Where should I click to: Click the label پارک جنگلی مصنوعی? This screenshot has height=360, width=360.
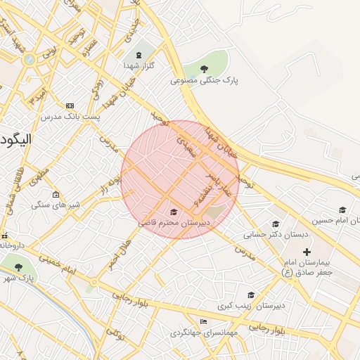(204, 81)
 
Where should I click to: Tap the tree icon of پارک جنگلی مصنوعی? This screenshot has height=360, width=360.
(204, 69)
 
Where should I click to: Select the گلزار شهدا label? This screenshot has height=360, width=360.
(139, 65)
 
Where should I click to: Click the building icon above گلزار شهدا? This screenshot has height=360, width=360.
(138, 53)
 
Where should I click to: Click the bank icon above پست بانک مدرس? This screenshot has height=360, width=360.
(69, 105)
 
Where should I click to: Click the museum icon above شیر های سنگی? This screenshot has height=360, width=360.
(56, 195)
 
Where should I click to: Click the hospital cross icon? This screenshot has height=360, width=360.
(306, 251)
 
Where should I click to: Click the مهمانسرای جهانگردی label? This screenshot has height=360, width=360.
(203, 332)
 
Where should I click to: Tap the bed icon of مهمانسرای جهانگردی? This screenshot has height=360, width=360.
(204, 321)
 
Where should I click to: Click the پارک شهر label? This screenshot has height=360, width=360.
(21, 278)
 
